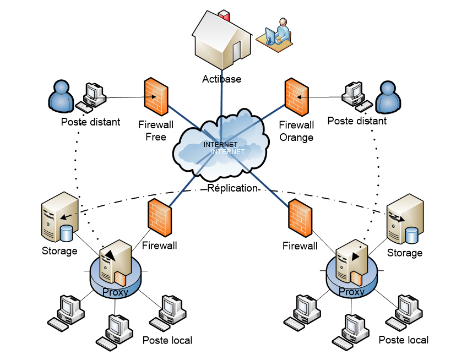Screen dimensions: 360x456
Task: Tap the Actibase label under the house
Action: point(222,79)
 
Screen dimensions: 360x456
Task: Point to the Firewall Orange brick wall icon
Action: point(296,96)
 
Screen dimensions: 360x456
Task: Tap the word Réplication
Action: point(232,188)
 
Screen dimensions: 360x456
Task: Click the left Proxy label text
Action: point(116,292)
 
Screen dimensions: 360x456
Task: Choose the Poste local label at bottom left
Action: point(167,340)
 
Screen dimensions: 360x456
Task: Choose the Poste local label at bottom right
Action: point(404,340)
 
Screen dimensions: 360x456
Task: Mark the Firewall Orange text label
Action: point(296,131)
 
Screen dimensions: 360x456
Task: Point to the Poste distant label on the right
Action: point(357,121)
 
